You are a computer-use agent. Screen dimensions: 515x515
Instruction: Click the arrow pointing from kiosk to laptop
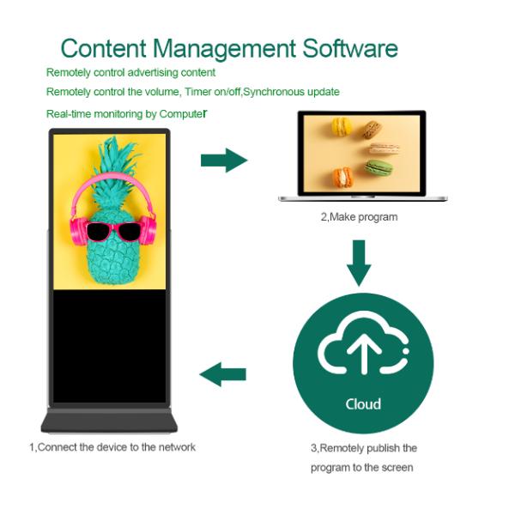223,160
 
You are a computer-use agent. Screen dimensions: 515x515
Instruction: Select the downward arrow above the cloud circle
360,262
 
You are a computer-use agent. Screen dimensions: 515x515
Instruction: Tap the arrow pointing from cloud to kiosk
223,373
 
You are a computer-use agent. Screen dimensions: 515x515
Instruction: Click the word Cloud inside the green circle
362,403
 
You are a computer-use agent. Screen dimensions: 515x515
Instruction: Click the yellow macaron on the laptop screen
342,126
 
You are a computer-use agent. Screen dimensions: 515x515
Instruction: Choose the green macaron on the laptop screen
379,167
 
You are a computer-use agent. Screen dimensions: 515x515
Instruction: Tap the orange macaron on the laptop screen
342,178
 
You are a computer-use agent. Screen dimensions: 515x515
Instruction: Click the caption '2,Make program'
360,217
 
